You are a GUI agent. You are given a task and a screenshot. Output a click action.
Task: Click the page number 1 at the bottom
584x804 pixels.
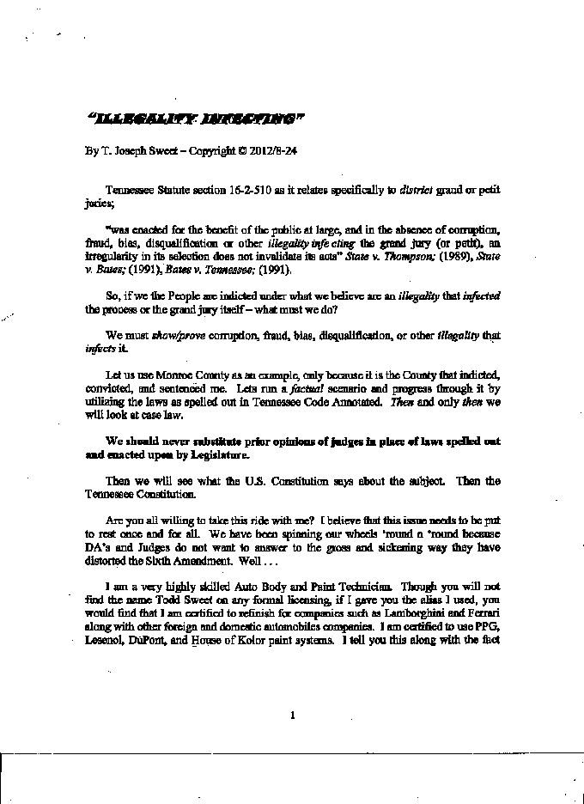click(293, 715)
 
